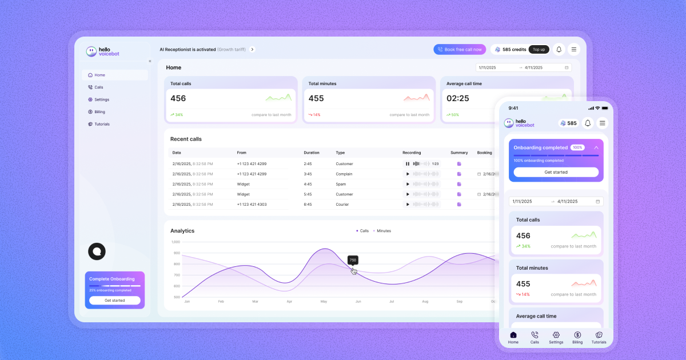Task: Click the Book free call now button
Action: (460, 50)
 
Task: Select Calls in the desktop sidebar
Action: (98, 87)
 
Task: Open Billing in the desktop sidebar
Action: (99, 112)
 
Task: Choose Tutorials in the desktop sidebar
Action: (102, 124)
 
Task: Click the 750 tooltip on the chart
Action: (353, 260)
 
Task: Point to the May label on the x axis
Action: (324, 301)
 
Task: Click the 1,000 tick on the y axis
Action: (176, 242)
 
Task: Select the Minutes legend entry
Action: (383, 231)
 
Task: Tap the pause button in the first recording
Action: (408, 164)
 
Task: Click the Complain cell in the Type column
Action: (344, 174)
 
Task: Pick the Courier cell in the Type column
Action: (343, 204)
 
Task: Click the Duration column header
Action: (312, 153)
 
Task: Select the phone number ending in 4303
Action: (252, 204)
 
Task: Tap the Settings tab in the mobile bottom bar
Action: (556, 338)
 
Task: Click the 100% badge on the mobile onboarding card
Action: (577, 147)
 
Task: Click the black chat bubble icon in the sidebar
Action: (97, 251)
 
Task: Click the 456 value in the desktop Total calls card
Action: (178, 98)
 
